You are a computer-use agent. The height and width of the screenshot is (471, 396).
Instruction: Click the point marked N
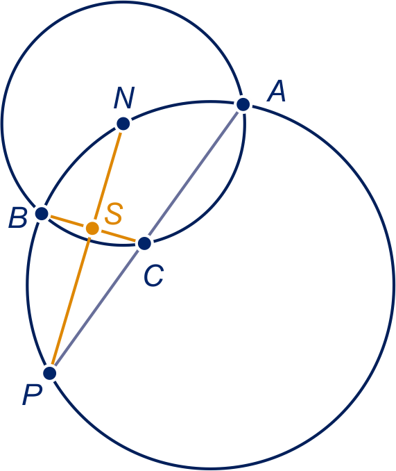123,124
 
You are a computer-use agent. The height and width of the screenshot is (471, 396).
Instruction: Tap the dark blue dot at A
243,104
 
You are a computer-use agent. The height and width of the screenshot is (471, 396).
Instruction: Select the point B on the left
42,213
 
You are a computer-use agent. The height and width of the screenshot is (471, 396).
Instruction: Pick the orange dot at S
92,229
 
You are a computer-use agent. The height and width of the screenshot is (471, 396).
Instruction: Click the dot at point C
144,243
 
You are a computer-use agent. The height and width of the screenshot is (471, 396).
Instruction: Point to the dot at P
50,373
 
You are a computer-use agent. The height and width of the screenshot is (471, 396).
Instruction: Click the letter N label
124,98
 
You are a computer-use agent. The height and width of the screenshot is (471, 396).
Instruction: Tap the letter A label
277,91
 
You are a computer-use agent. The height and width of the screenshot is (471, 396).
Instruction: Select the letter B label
18,217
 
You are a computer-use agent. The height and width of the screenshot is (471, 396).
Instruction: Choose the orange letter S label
114,213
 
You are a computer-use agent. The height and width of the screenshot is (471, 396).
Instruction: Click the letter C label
154,275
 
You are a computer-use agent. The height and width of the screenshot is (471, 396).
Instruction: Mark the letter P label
32,395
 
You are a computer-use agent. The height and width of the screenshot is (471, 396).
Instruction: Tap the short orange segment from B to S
67,221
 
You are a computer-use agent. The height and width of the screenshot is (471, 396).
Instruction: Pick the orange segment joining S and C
119,235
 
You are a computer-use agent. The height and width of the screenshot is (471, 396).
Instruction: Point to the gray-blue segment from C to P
97,308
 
